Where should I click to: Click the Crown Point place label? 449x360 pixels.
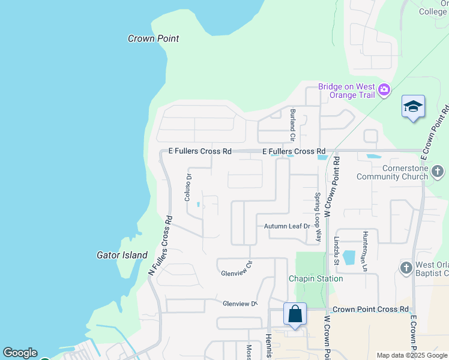coord(154,38)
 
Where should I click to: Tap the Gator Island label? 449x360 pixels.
coord(122,255)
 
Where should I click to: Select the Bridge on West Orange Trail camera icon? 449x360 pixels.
coord(384,91)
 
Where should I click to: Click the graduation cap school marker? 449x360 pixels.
coord(413,107)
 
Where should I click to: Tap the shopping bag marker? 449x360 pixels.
coord(295,314)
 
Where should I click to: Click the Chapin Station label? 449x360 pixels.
coord(316,278)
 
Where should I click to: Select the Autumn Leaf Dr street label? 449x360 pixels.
coord(287,226)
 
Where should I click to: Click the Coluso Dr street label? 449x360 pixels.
coord(187,187)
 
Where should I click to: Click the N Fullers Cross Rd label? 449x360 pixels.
coord(160,247)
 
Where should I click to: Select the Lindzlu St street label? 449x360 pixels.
coord(336,250)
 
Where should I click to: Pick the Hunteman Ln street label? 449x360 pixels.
coord(364,250)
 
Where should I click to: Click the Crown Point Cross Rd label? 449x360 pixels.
coord(370,310)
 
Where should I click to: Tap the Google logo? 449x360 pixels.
coord(20,353)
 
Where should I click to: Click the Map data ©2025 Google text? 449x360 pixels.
coord(411,355)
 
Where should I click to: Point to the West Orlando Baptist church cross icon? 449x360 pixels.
coord(406,268)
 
